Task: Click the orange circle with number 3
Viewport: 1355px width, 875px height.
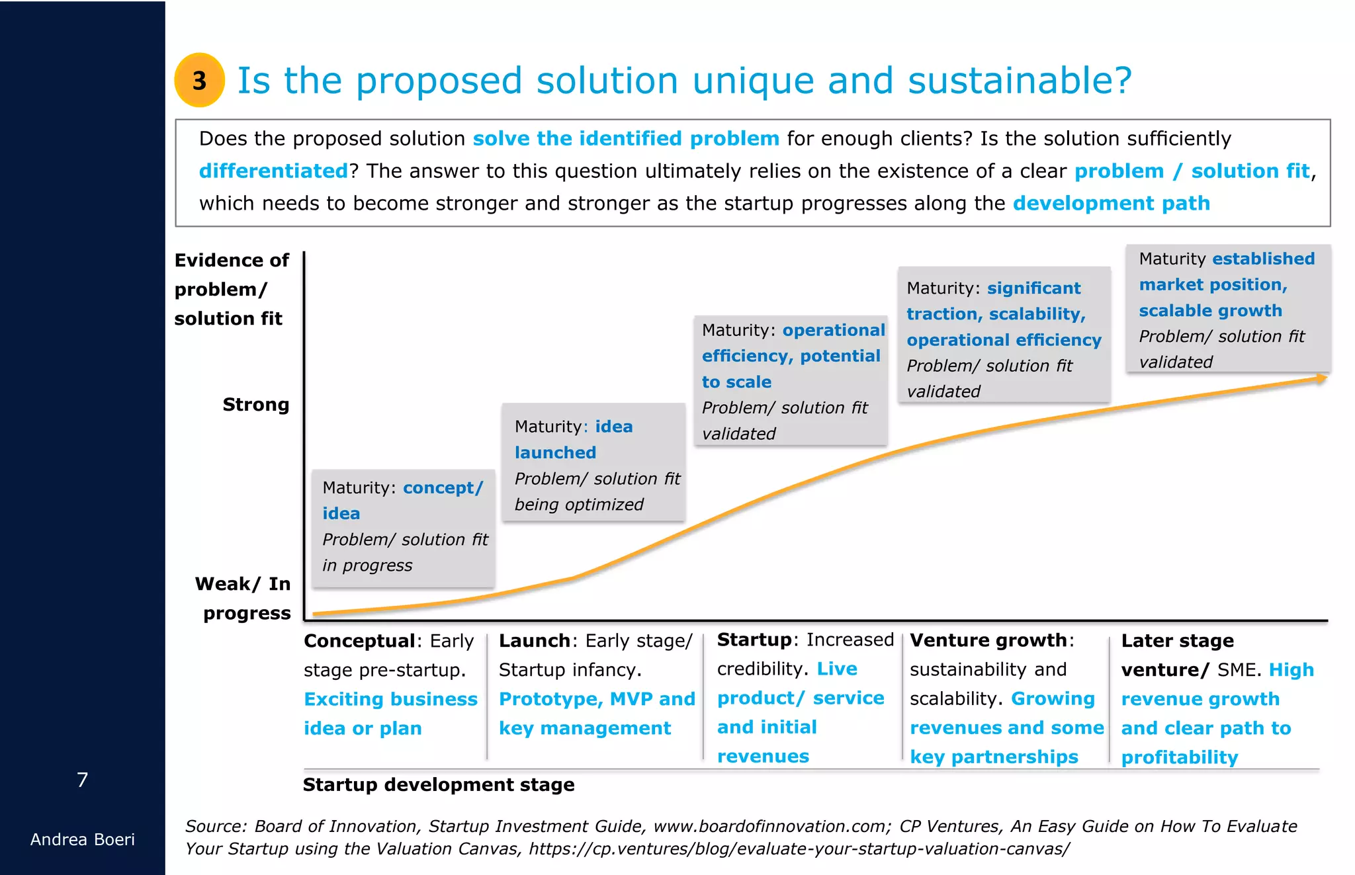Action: tap(199, 80)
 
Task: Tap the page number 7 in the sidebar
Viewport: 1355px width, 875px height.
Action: tap(82, 780)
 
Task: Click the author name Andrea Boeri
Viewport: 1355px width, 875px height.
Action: tap(82, 839)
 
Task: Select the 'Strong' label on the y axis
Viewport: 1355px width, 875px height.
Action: tap(255, 404)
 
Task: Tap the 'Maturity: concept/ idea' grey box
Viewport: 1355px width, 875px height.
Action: tap(403, 528)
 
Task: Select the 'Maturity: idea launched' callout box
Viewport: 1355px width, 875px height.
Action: tap(593, 462)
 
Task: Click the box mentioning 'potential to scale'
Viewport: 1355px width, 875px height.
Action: tap(791, 380)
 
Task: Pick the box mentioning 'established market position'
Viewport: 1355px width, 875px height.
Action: tap(1228, 309)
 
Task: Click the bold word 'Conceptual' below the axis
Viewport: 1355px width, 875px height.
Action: tap(359, 641)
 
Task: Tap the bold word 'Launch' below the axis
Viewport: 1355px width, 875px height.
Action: tap(534, 641)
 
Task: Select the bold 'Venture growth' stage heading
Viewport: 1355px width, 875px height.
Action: tap(988, 640)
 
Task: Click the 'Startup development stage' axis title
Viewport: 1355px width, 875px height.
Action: tap(438, 785)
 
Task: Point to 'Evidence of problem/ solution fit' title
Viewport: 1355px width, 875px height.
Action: tap(231, 289)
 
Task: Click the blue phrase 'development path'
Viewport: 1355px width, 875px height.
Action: tap(1111, 203)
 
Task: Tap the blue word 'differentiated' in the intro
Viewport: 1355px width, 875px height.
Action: tap(273, 171)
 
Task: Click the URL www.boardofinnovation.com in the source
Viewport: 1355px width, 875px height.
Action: tap(769, 826)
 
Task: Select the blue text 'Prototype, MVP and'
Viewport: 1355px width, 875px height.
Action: tap(597, 699)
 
